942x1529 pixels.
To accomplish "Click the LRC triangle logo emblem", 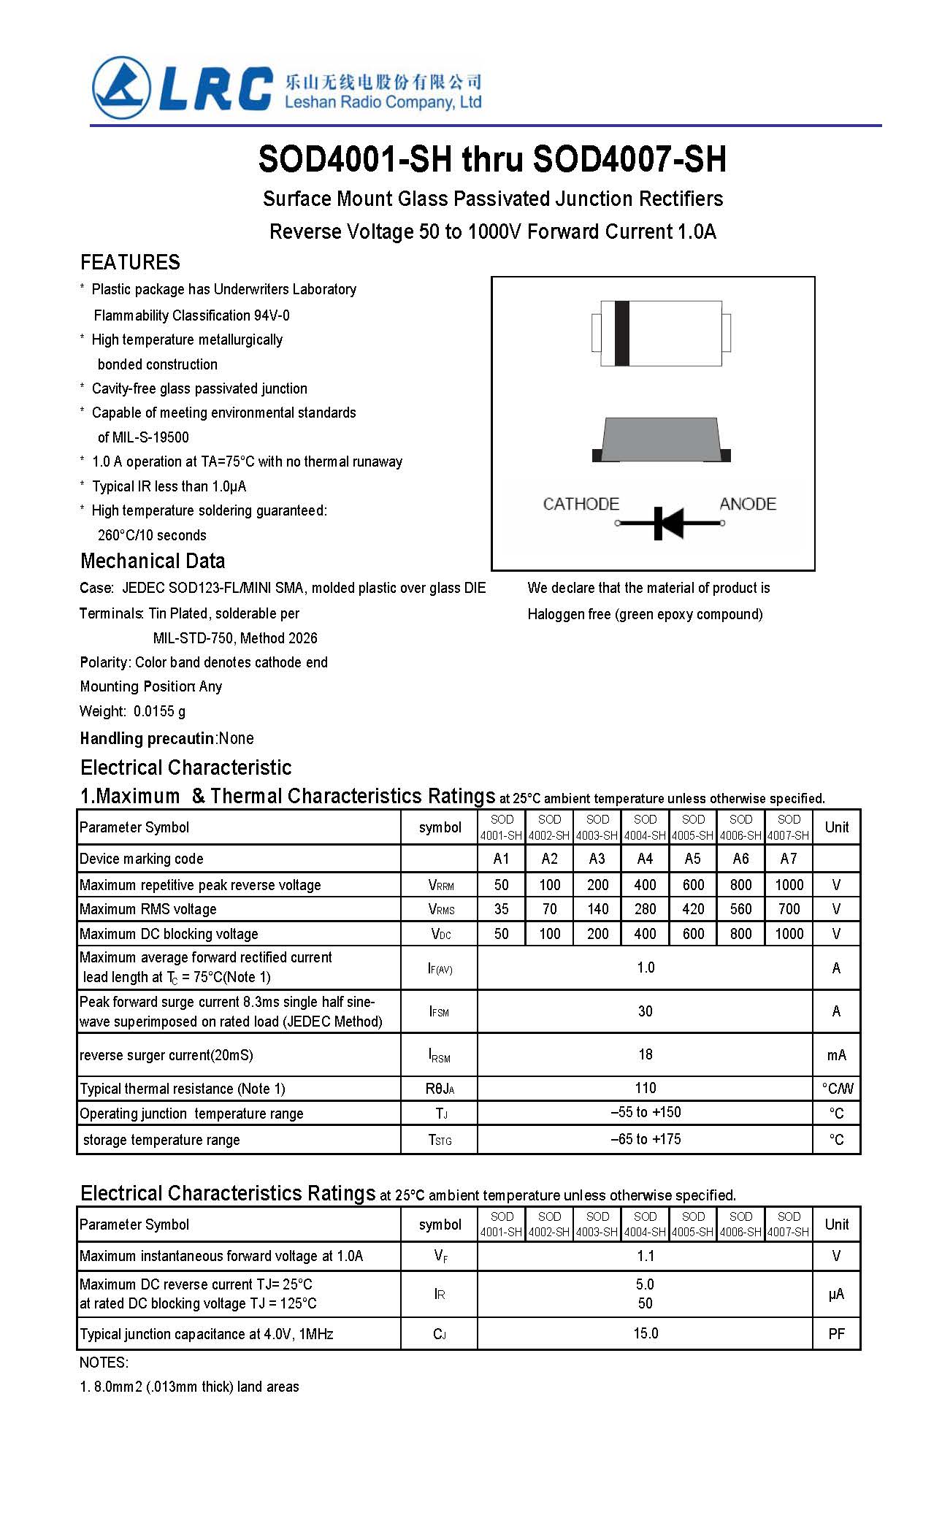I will tap(121, 88).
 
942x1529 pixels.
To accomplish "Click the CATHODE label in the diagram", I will tap(581, 504).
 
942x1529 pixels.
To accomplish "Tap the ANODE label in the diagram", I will tap(747, 504).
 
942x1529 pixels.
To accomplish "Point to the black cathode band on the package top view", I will tap(621, 333).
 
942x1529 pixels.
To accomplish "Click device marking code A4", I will tap(645, 859).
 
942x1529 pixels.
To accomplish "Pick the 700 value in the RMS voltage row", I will tap(789, 909).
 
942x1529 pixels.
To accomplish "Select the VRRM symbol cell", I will tap(440, 885).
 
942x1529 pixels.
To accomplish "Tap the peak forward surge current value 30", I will tap(645, 1011).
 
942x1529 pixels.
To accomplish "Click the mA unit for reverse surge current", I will tap(836, 1055).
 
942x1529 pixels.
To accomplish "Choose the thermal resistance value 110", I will tap(645, 1088).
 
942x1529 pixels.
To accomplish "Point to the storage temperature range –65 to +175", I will tap(645, 1139).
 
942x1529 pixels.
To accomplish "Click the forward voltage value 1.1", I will tap(645, 1256).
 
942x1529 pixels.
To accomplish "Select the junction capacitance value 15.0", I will tap(645, 1333).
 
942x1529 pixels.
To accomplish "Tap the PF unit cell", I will tap(836, 1334).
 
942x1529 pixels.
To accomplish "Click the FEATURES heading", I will tap(130, 262).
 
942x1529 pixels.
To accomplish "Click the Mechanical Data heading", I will tap(153, 561).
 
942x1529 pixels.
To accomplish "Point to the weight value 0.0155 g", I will tap(159, 711).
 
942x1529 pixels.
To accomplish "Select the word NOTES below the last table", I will tap(103, 1363).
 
